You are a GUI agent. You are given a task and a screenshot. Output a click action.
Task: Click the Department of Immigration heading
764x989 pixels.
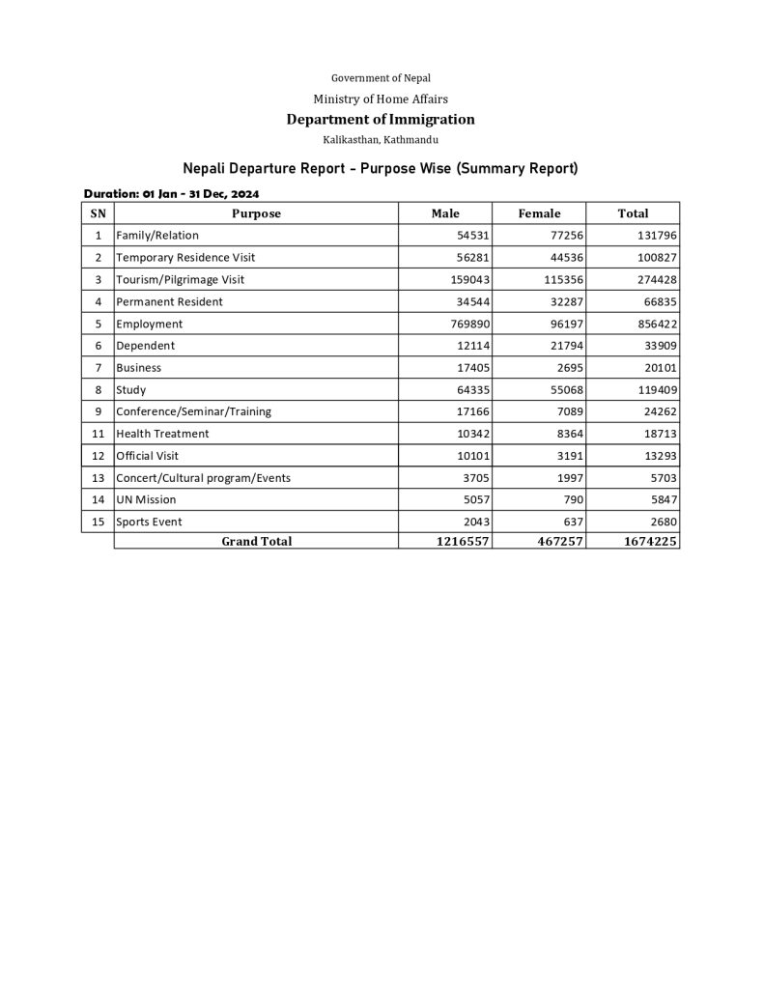381,120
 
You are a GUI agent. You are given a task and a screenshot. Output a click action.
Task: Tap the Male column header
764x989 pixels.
445,213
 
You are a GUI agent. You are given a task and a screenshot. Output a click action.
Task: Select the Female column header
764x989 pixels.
539,213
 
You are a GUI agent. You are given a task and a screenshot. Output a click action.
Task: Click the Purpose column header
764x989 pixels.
256,213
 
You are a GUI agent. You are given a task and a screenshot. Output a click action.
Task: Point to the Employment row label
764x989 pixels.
149,325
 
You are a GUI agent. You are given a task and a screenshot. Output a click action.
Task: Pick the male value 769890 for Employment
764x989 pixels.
468,325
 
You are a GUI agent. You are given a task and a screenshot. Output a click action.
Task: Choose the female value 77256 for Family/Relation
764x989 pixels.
564,236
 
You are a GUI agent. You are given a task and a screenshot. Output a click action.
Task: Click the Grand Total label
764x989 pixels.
256,542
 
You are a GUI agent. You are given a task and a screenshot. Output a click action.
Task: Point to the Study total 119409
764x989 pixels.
653,390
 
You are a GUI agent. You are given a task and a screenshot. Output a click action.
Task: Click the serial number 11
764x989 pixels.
99,434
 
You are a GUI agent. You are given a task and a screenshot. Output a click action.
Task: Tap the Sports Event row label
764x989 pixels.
149,523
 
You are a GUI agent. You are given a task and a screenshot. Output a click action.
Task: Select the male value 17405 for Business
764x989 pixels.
471,368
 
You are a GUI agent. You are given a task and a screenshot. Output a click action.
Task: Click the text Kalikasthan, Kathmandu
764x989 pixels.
381,141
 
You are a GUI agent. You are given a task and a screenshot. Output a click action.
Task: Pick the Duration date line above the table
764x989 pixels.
171,193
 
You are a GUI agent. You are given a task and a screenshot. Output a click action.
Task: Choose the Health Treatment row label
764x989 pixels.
162,434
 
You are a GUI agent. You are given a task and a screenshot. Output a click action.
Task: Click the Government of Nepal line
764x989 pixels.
381,77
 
